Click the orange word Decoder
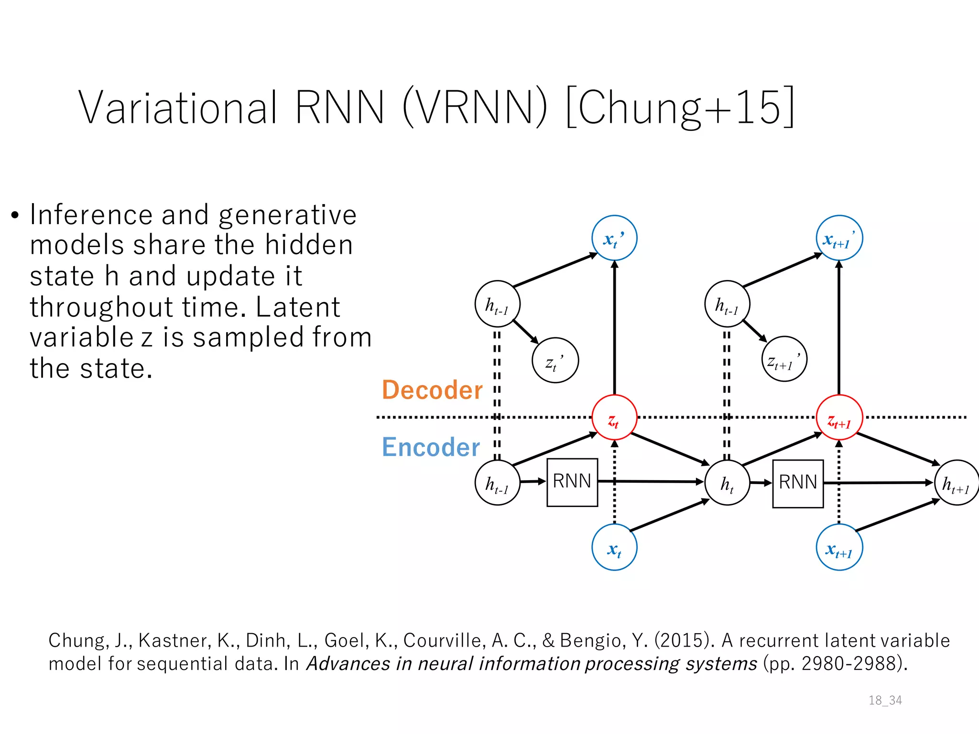[432, 390]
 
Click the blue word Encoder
[430, 447]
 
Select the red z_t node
[614, 418]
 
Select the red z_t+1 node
[839, 418]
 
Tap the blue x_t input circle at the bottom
[614, 547]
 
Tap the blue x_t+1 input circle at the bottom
[839, 547]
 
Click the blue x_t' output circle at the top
[614, 238]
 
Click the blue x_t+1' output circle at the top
[839, 238]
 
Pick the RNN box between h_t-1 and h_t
[572, 482]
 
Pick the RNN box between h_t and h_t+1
[797, 483]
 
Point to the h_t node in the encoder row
[727, 483]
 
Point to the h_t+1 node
[956, 483]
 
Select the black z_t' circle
[555, 360]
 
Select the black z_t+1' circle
[784, 359]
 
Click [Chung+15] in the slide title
[680, 108]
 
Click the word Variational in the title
[178, 108]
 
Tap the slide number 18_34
[885, 700]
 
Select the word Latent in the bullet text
[297, 307]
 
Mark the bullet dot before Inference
[15, 216]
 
